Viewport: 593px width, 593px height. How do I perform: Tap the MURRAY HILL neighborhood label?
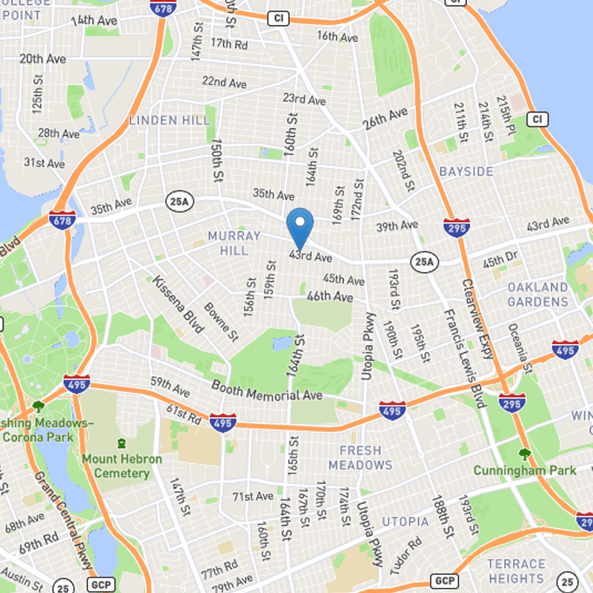pos(234,243)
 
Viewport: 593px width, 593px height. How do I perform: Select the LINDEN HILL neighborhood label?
pos(163,119)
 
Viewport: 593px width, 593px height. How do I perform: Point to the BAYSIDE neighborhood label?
pos(466,171)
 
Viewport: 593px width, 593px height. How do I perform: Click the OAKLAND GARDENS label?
pos(538,294)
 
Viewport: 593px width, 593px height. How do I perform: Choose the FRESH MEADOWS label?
pos(360,457)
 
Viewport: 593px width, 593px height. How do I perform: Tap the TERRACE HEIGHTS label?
pos(517,571)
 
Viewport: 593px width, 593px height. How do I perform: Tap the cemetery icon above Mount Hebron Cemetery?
pos(121,443)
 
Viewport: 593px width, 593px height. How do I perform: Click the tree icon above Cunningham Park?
pos(525,454)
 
